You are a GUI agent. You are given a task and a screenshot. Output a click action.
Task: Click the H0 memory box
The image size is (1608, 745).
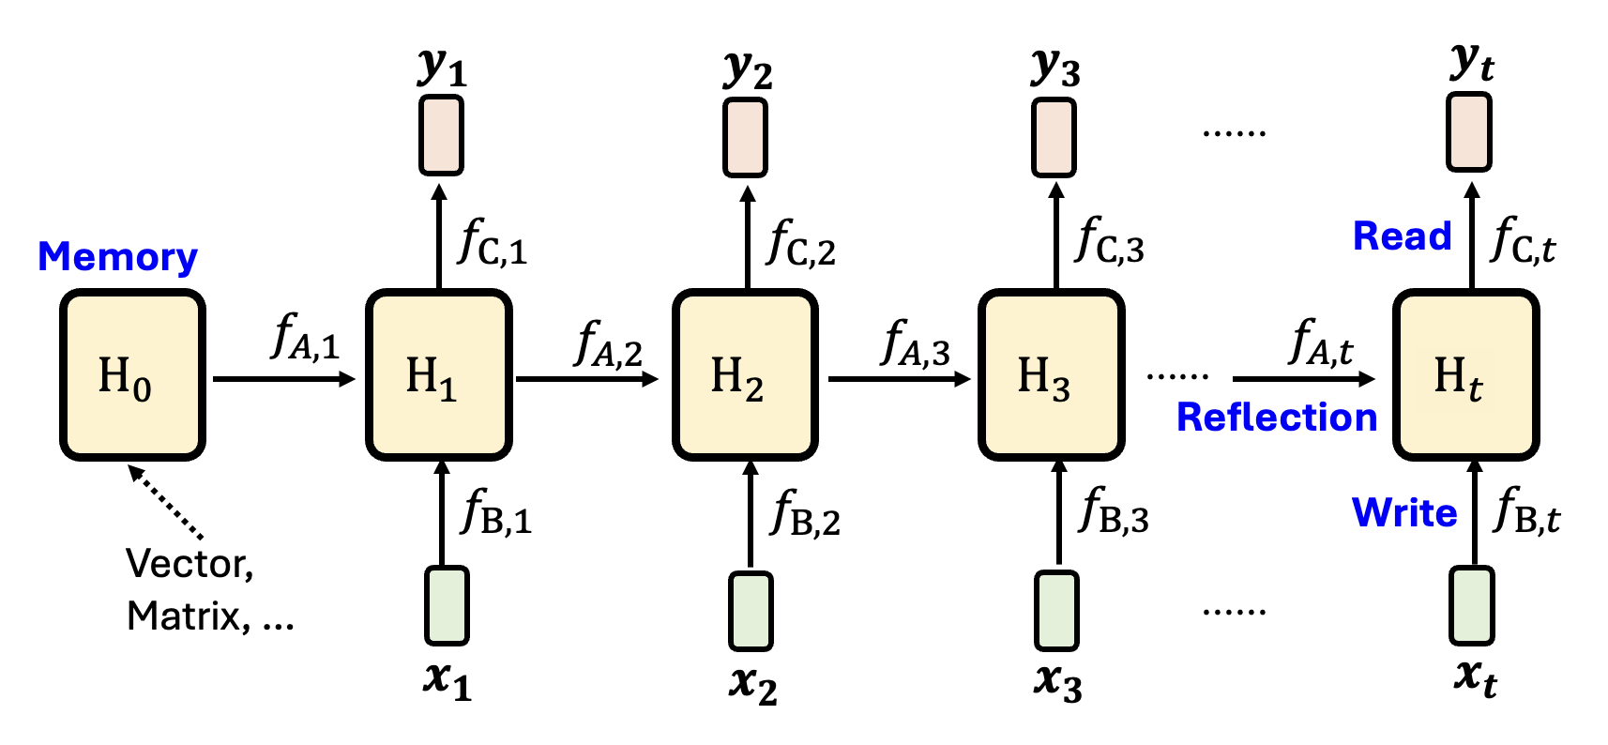tap(132, 374)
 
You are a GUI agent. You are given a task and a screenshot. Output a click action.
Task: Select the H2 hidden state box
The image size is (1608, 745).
tap(745, 374)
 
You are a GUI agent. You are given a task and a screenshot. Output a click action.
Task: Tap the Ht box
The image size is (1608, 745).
tap(1465, 374)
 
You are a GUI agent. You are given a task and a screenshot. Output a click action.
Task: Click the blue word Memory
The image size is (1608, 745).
tap(117, 256)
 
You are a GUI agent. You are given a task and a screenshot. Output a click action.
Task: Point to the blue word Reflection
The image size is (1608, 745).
tap(1276, 417)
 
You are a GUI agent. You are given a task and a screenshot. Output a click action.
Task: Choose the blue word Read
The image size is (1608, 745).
tap(1402, 236)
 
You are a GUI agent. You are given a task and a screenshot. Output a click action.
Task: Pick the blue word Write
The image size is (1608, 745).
tap(1403, 512)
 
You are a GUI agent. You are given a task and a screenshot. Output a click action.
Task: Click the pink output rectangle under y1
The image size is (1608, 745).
tap(441, 136)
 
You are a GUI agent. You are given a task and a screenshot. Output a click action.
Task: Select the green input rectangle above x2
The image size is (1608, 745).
tap(751, 611)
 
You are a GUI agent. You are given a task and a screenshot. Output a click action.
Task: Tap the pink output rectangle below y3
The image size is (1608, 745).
tap(1054, 138)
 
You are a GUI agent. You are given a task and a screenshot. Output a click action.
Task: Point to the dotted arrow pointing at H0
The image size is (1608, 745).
tap(166, 503)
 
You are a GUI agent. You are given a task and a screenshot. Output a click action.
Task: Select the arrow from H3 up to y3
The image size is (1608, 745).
tap(1056, 235)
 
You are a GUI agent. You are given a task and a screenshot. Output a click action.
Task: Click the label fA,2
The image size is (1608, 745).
tap(608, 343)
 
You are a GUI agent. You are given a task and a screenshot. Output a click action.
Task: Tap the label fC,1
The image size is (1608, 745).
tap(493, 242)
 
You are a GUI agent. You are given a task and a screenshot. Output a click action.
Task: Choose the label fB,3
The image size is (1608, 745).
tap(1115, 511)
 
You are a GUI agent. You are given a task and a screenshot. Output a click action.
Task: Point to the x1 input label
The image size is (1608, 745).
tap(447, 679)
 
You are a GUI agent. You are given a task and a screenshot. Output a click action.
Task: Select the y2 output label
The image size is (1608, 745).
tap(748, 68)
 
